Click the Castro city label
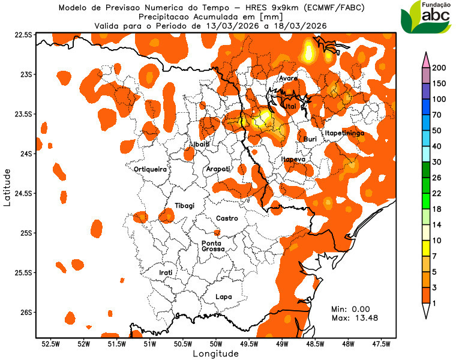pos(227,218)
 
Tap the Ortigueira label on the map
pos(150,170)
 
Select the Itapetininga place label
pos(344,133)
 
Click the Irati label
pos(166,272)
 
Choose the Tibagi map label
pos(184,206)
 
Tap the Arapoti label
pos(218,169)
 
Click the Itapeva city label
pos(293,160)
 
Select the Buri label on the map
pos(310,139)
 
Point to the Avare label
pos(289,79)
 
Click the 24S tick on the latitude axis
pos(24,154)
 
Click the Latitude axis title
pos(7,187)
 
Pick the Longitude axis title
pos(215,354)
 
